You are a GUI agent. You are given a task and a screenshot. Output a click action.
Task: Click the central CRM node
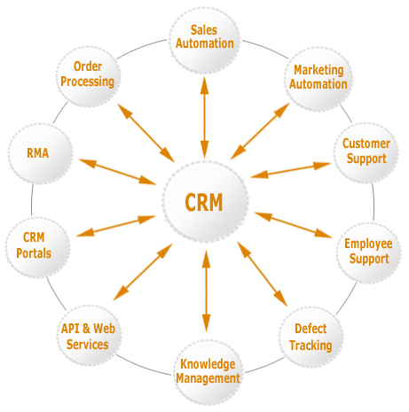[x=205, y=203]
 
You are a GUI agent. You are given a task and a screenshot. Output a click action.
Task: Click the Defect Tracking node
[x=311, y=338]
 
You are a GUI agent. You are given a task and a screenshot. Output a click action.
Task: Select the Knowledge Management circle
[x=207, y=369]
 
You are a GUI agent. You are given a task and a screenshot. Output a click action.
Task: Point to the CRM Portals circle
[x=34, y=245]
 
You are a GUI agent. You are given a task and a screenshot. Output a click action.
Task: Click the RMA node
[x=37, y=153]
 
